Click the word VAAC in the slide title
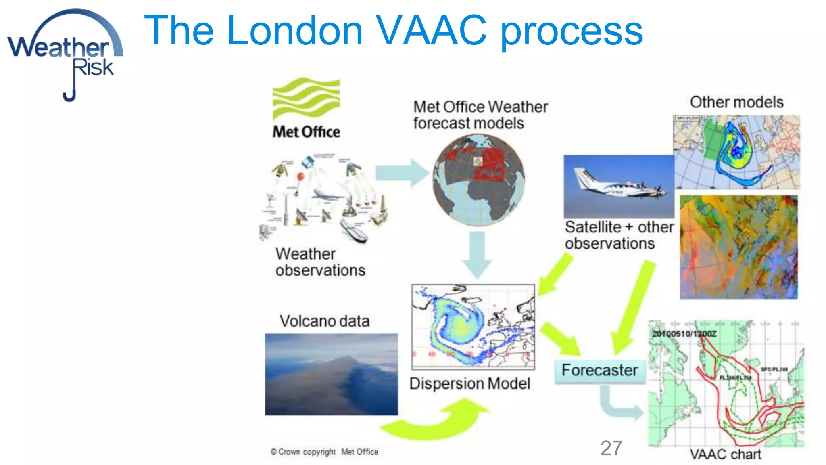(431, 30)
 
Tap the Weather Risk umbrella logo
(65, 52)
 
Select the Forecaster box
(600, 371)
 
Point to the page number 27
(611, 448)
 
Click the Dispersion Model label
(469, 384)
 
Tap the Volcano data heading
(325, 321)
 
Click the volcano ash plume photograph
(331, 374)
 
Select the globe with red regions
(478, 180)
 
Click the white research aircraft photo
(619, 186)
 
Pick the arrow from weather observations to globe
(401, 173)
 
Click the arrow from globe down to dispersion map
(477, 254)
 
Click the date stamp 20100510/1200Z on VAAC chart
(684, 334)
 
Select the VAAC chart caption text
(725, 455)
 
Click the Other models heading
(736, 102)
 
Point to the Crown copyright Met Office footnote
(324, 452)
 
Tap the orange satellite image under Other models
(738, 247)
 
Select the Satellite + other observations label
(619, 235)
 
